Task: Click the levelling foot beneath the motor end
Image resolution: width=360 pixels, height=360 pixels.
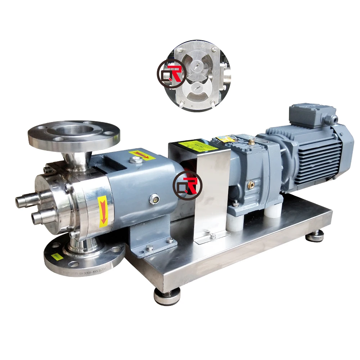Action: (x=315, y=237)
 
